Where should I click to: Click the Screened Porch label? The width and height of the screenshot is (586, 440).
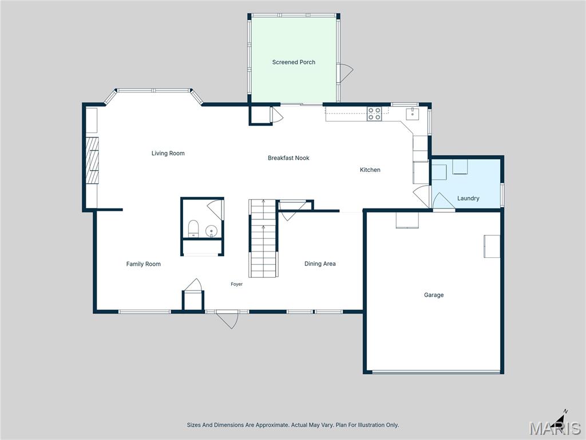click(x=294, y=62)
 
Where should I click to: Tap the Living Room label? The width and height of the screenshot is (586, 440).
click(x=168, y=153)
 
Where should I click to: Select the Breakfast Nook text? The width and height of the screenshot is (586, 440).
click(x=288, y=158)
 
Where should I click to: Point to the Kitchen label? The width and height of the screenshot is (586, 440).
click(x=370, y=170)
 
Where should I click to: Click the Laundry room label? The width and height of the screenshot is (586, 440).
click(x=468, y=198)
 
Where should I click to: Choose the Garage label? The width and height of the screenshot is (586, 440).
click(x=434, y=295)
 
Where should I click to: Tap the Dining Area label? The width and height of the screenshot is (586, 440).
click(x=320, y=264)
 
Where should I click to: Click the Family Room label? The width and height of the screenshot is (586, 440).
click(x=143, y=264)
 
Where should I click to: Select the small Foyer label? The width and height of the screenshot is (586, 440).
click(x=236, y=284)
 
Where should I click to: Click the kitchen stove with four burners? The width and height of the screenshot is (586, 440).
click(x=374, y=114)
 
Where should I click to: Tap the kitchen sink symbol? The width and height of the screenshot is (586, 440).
click(x=412, y=114)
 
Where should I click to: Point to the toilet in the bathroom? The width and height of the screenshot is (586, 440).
click(x=193, y=229)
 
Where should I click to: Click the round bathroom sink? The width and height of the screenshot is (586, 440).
click(x=212, y=231)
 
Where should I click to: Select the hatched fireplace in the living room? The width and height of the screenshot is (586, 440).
click(x=92, y=160)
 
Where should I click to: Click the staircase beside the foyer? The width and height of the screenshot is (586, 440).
click(x=263, y=238)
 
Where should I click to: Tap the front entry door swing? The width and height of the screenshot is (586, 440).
click(x=228, y=320)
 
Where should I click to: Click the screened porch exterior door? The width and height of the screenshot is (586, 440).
click(x=345, y=73)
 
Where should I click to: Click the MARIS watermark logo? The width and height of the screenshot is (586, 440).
click(x=555, y=428)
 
